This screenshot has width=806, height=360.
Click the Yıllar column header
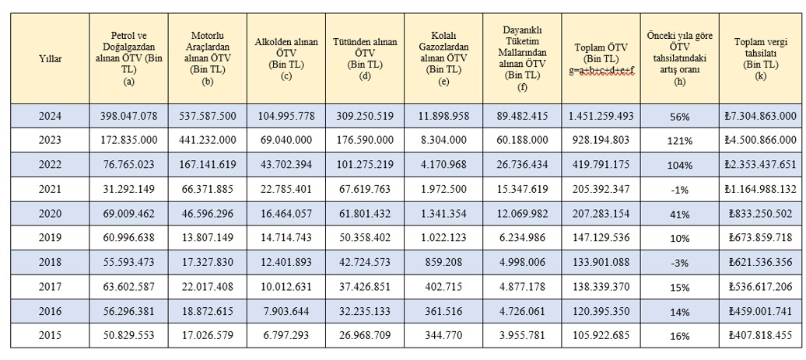(50, 59)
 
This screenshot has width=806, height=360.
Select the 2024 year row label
(50, 117)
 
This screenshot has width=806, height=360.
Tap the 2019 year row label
(50, 238)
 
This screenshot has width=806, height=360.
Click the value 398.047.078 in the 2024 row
(129, 117)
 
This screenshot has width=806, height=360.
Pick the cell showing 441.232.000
(208, 141)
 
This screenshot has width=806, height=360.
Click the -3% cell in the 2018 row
(679, 263)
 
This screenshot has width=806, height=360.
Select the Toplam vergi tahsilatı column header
(760, 58)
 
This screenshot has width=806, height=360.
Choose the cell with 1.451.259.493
(601, 117)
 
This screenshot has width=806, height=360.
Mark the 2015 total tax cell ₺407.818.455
(760, 336)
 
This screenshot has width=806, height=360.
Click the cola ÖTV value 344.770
(443, 336)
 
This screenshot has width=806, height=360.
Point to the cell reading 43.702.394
(286, 166)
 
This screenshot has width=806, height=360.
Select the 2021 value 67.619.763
(365, 190)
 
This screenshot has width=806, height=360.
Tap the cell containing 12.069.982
(522, 214)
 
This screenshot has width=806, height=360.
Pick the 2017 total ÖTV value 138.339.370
(601, 287)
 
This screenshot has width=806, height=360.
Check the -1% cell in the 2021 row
(679, 190)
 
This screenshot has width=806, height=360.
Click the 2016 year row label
(50, 312)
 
